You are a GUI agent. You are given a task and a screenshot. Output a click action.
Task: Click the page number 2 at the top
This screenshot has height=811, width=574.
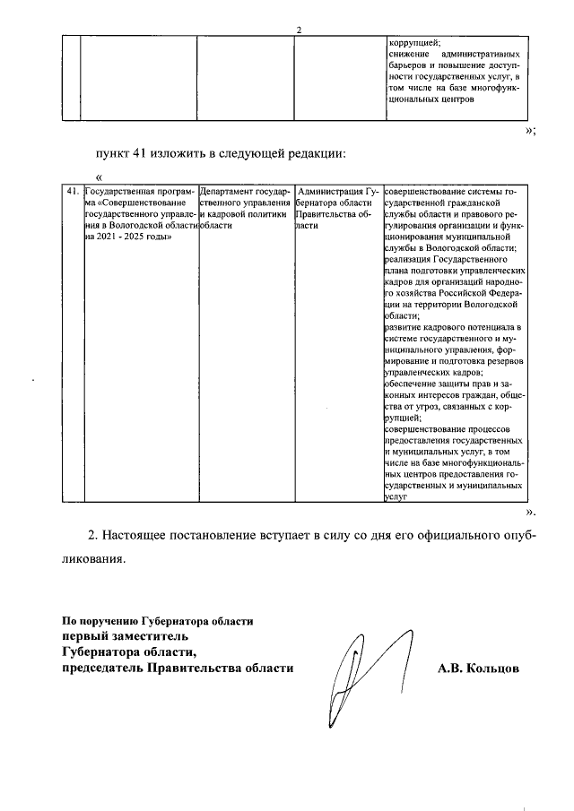299,30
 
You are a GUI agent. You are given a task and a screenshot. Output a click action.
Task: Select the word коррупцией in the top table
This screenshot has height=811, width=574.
413,42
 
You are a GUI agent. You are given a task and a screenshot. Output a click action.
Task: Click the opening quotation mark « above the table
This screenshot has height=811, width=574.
98,177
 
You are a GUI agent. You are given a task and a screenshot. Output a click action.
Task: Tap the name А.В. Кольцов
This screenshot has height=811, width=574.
479,669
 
